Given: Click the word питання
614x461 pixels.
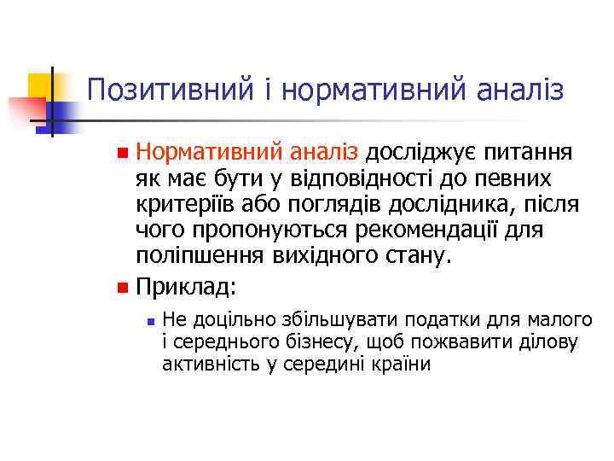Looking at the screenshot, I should pyautogui.click(x=527, y=154).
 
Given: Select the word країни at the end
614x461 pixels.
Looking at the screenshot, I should pyautogui.click(x=400, y=365).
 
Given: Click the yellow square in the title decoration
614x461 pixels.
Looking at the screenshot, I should pyautogui.click(x=40, y=86).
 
